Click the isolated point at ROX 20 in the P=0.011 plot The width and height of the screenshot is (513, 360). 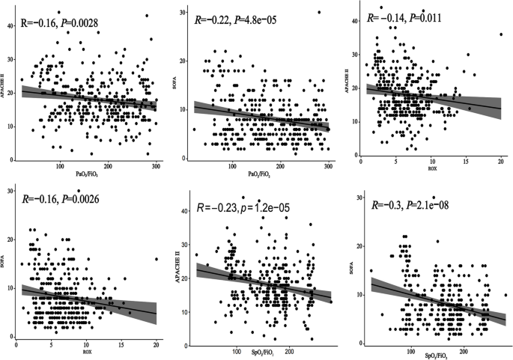coord(500,34)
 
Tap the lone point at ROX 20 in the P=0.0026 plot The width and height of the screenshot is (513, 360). coord(156,259)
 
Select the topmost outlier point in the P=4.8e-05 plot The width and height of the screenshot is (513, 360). coord(319,12)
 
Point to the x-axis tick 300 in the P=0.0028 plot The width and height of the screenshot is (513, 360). coord(156,165)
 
